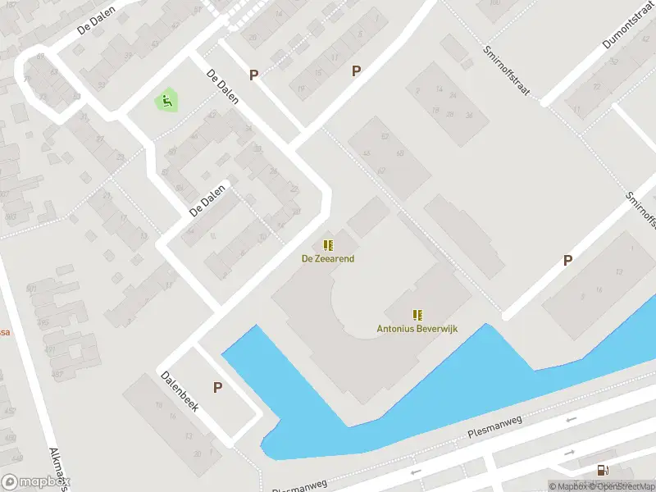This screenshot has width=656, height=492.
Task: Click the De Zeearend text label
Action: pyautogui.click(x=327, y=258)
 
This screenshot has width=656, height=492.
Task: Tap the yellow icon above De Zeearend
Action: pyautogui.click(x=328, y=244)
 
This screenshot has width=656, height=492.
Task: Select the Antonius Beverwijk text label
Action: pyautogui.click(x=417, y=328)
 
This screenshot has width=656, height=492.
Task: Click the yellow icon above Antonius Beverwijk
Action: pyautogui.click(x=417, y=314)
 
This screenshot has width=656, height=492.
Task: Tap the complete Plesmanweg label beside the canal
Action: pyautogui.click(x=494, y=430)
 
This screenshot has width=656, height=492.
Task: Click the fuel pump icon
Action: pyautogui.click(x=603, y=470)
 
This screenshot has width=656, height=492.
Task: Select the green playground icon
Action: pyautogui.click(x=166, y=102)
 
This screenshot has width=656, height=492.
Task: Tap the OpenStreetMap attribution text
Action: pyautogui.click(x=626, y=486)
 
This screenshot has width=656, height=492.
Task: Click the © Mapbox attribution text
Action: pyautogui.click(x=569, y=486)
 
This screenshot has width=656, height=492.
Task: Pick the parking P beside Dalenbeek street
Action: pyautogui.click(x=217, y=387)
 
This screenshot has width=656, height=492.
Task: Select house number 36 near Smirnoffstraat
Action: pyautogui.click(x=470, y=116)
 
